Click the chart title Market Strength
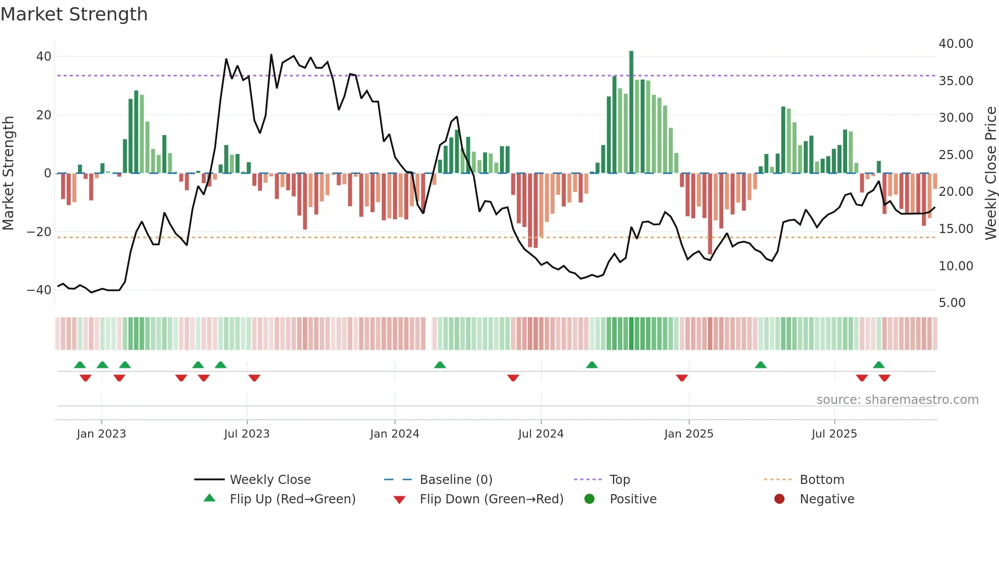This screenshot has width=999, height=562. point(74,14)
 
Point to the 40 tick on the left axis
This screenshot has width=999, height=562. point(44,57)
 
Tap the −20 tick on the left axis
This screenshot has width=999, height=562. point(40,232)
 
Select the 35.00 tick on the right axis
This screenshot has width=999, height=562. point(956,81)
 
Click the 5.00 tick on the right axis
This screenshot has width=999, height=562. point(952,303)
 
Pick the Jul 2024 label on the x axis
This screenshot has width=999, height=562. point(541,434)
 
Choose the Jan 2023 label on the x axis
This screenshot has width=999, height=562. point(101,434)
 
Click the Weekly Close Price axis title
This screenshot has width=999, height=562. point(990,173)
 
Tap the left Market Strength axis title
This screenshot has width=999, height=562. point(8,173)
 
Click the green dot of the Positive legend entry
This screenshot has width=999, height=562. point(590,499)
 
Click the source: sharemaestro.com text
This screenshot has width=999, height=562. point(897,400)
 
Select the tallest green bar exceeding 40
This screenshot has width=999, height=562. point(632,112)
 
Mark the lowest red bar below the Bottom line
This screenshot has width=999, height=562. point(710,214)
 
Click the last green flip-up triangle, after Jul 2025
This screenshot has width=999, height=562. point(879,365)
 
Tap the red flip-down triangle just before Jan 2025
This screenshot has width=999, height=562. point(682,378)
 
